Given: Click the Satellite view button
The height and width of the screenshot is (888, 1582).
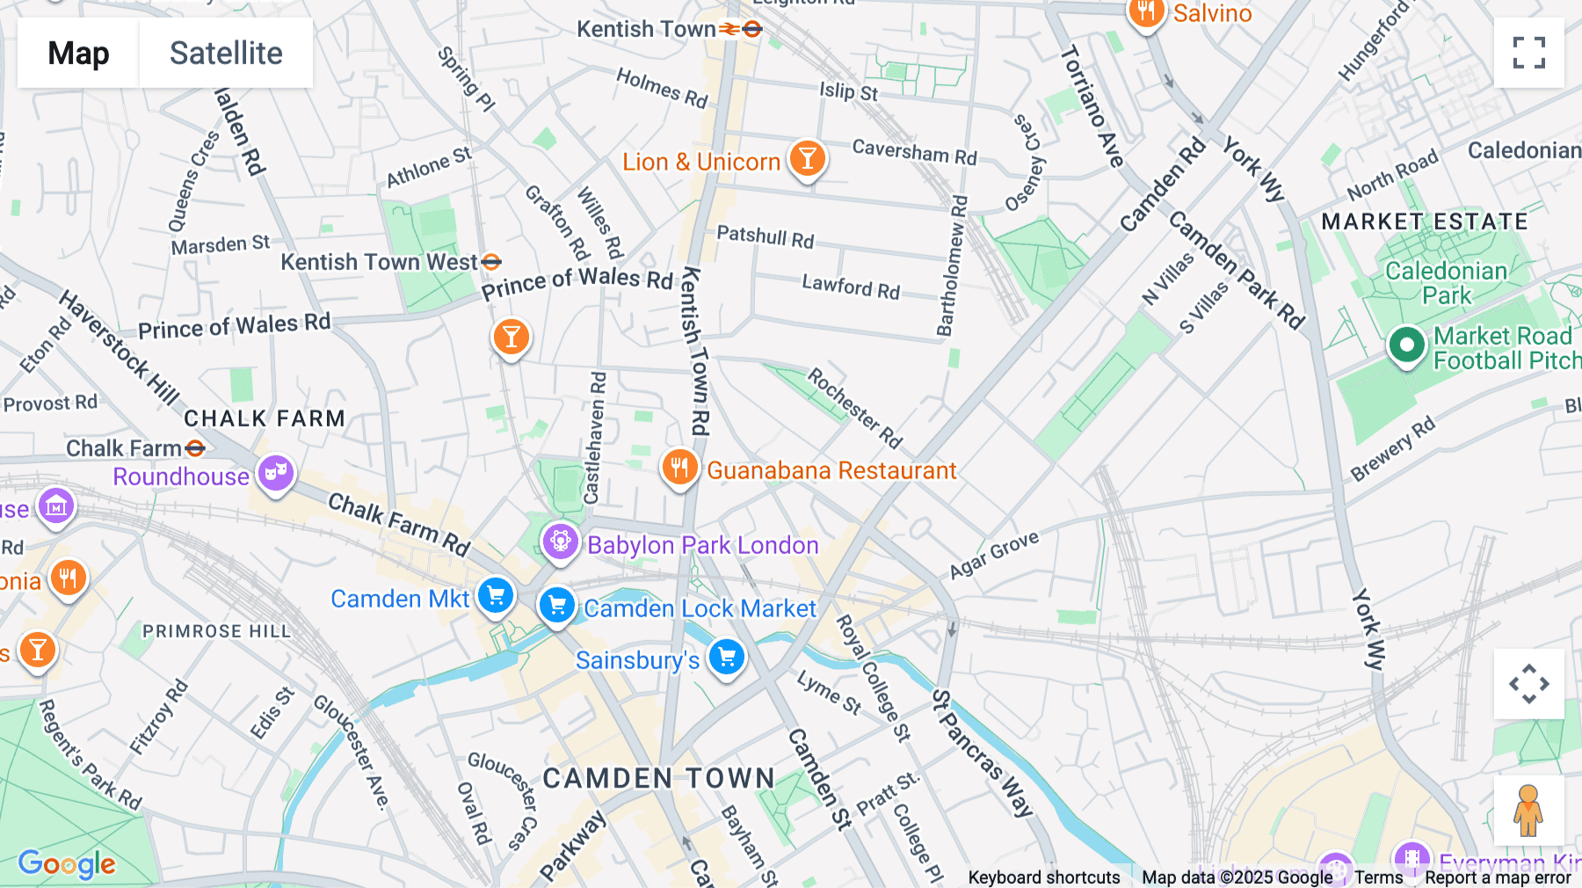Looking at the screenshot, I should (x=226, y=53).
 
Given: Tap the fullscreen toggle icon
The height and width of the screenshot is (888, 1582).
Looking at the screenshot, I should (x=1528, y=53).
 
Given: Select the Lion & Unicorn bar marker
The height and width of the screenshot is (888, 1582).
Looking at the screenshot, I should (x=807, y=158).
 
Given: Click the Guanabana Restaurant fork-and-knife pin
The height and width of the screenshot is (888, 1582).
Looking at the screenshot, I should (x=679, y=468).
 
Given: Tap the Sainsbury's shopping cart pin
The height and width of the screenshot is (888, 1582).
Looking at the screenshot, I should (x=727, y=657).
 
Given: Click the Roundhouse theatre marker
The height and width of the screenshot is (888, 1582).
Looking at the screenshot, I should (x=276, y=474).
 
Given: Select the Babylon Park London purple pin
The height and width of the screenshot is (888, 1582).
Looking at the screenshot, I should (x=560, y=542).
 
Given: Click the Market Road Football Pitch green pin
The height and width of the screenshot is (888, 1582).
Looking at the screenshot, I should (x=1406, y=346).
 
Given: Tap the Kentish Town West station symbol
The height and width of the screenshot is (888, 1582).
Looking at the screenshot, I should (x=491, y=261).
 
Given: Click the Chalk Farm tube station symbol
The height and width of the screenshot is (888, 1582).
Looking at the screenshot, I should (x=195, y=448).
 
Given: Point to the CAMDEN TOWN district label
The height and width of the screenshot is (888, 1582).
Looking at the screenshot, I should (x=658, y=778).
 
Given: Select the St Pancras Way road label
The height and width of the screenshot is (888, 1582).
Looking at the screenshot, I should (x=982, y=753).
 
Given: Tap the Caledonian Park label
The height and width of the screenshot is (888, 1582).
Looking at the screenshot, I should (x=1446, y=283).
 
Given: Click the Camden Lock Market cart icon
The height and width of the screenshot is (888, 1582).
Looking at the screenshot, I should (x=556, y=605).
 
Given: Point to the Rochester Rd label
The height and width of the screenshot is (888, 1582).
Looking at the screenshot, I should (x=853, y=408).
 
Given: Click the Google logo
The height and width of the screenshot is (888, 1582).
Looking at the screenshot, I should (x=67, y=864).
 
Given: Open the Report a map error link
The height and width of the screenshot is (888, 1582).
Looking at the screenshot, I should (x=1497, y=877).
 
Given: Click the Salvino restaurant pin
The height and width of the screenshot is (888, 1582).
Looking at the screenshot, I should (x=1146, y=12).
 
